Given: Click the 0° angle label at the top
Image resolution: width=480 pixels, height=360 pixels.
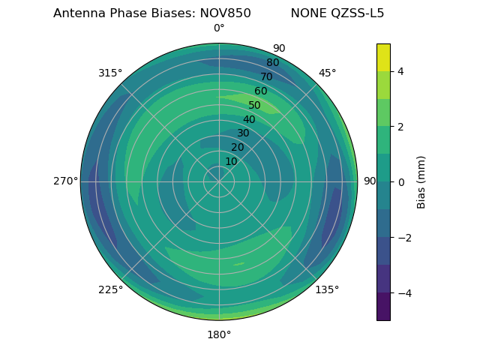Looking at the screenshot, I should pos(219,28).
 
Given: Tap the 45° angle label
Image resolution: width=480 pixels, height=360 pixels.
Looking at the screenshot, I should pos(327,73).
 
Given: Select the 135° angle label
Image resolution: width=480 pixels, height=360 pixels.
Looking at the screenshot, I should pos(327,289).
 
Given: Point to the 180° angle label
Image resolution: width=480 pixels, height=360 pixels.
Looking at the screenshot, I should pos(219,334).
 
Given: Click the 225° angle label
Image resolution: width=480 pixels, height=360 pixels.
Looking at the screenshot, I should pos(110,289).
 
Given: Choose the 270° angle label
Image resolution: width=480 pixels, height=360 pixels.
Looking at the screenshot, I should pos(65,181).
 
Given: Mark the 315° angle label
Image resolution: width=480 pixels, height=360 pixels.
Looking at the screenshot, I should pos(110,73).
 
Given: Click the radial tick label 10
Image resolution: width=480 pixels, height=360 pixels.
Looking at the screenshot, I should pos(231,161).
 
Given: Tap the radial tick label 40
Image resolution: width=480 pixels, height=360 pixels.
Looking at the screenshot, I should pos(249,119).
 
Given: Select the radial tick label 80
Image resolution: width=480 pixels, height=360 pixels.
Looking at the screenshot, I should pos(272,62).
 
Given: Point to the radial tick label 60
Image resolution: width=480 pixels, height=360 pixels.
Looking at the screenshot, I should pos(260,91).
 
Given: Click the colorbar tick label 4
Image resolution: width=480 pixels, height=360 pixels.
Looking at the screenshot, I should pos(400,71).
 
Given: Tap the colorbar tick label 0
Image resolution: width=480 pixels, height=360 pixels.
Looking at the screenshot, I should pos(400,182).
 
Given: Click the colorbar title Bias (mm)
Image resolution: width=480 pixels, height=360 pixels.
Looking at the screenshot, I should pos(421,181).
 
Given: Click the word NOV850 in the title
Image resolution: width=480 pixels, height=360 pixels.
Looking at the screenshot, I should pos(225,13).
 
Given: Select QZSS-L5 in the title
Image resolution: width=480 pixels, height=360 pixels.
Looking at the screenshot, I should pos(358,13).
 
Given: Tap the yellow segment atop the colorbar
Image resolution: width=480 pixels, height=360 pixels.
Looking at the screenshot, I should pos(383,57).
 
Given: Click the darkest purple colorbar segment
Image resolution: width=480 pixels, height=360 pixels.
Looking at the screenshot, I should pos(383,307).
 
